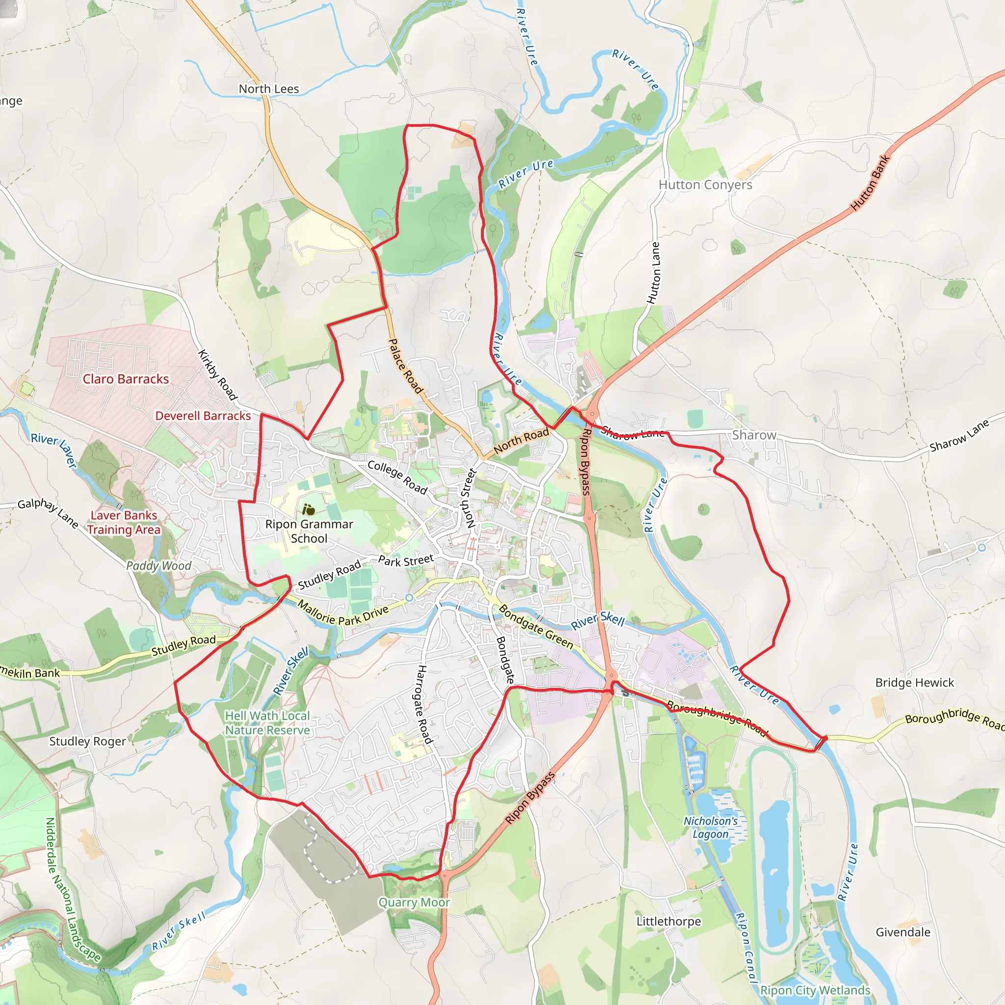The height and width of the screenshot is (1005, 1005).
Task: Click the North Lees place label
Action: (x=268, y=89)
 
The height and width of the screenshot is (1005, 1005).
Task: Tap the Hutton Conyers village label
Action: (x=705, y=185)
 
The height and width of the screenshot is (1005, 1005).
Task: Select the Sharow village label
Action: (x=754, y=435)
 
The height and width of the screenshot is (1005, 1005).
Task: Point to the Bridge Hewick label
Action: (x=915, y=683)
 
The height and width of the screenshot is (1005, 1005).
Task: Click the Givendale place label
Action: (x=903, y=932)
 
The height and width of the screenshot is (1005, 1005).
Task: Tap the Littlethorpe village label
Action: (x=668, y=921)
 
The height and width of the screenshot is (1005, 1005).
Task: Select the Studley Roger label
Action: (x=87, y=741)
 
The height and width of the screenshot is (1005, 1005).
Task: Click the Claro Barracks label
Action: (x=126, y=379)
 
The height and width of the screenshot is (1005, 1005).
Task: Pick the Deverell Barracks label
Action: (x=203, y=416)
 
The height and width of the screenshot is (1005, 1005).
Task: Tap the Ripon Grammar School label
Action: (x=309, y=531)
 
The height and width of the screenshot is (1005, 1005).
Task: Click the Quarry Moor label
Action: (x=414, y=902)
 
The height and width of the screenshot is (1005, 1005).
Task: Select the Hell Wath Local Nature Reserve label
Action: (x=267, y=723)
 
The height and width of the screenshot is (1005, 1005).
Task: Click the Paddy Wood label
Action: (x=159, y=565)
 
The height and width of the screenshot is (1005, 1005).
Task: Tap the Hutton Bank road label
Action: (x=870, y=183)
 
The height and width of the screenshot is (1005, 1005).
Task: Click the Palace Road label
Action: (x=406, y=366)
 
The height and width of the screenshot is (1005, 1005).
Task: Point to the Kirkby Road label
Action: (x=217, y=375)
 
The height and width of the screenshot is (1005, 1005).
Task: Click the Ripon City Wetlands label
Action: (x=815, y=990)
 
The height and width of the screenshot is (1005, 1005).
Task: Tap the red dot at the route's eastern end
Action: (x=824, y=738)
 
